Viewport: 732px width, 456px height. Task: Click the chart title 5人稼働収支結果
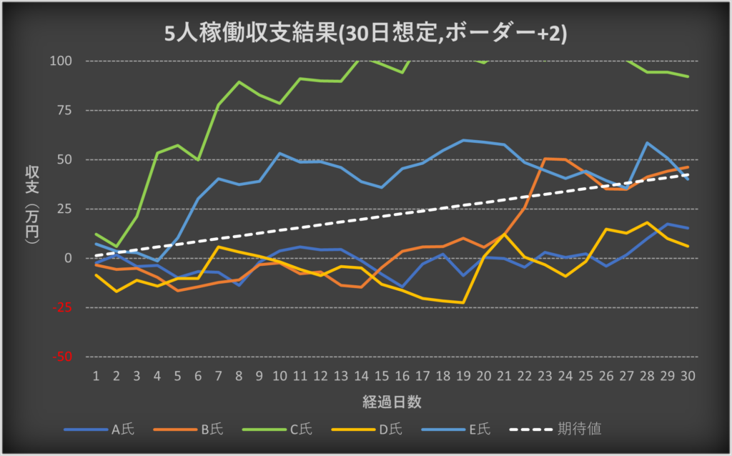pos(365,34)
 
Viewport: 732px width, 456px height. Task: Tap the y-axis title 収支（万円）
pos(32,207)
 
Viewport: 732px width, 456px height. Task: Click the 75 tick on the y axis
pos(66,110)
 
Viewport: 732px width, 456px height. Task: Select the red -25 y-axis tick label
pos(64,307)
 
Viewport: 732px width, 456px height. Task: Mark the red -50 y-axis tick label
pos(64,357)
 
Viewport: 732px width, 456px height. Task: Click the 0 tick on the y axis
pos(69,258)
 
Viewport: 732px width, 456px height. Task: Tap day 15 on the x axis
pos(382,375)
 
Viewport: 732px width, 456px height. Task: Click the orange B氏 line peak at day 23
pos(545,159)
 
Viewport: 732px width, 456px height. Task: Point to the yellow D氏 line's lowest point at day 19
pos(463,302)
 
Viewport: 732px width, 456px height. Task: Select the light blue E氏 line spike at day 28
pos(647,143)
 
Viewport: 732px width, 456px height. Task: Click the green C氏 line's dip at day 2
pos(116,247)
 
